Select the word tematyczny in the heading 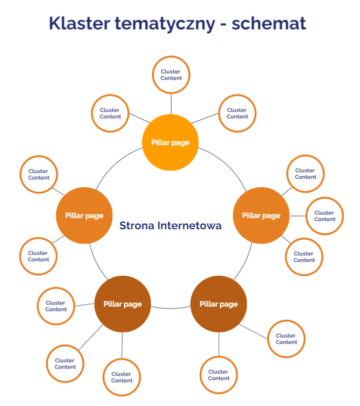168,24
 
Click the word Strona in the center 136,226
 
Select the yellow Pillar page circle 170,142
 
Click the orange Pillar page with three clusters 261,215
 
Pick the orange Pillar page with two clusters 84,215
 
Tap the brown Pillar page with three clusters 122,304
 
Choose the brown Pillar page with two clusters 218,304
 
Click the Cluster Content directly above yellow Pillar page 171,75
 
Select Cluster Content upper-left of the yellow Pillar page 110,113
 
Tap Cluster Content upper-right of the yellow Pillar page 237,113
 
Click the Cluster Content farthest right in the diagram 324,216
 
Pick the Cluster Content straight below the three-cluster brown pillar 121,377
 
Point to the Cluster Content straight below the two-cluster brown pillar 218,375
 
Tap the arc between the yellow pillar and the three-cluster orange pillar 225,165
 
